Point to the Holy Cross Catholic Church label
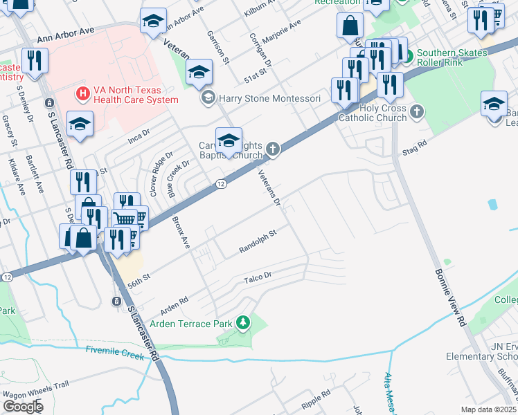pos(373,112)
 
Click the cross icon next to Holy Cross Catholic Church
pos(416,111)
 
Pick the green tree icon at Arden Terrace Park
pos(242,322)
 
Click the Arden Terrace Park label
pos(194,322)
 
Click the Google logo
pos(23,406)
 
